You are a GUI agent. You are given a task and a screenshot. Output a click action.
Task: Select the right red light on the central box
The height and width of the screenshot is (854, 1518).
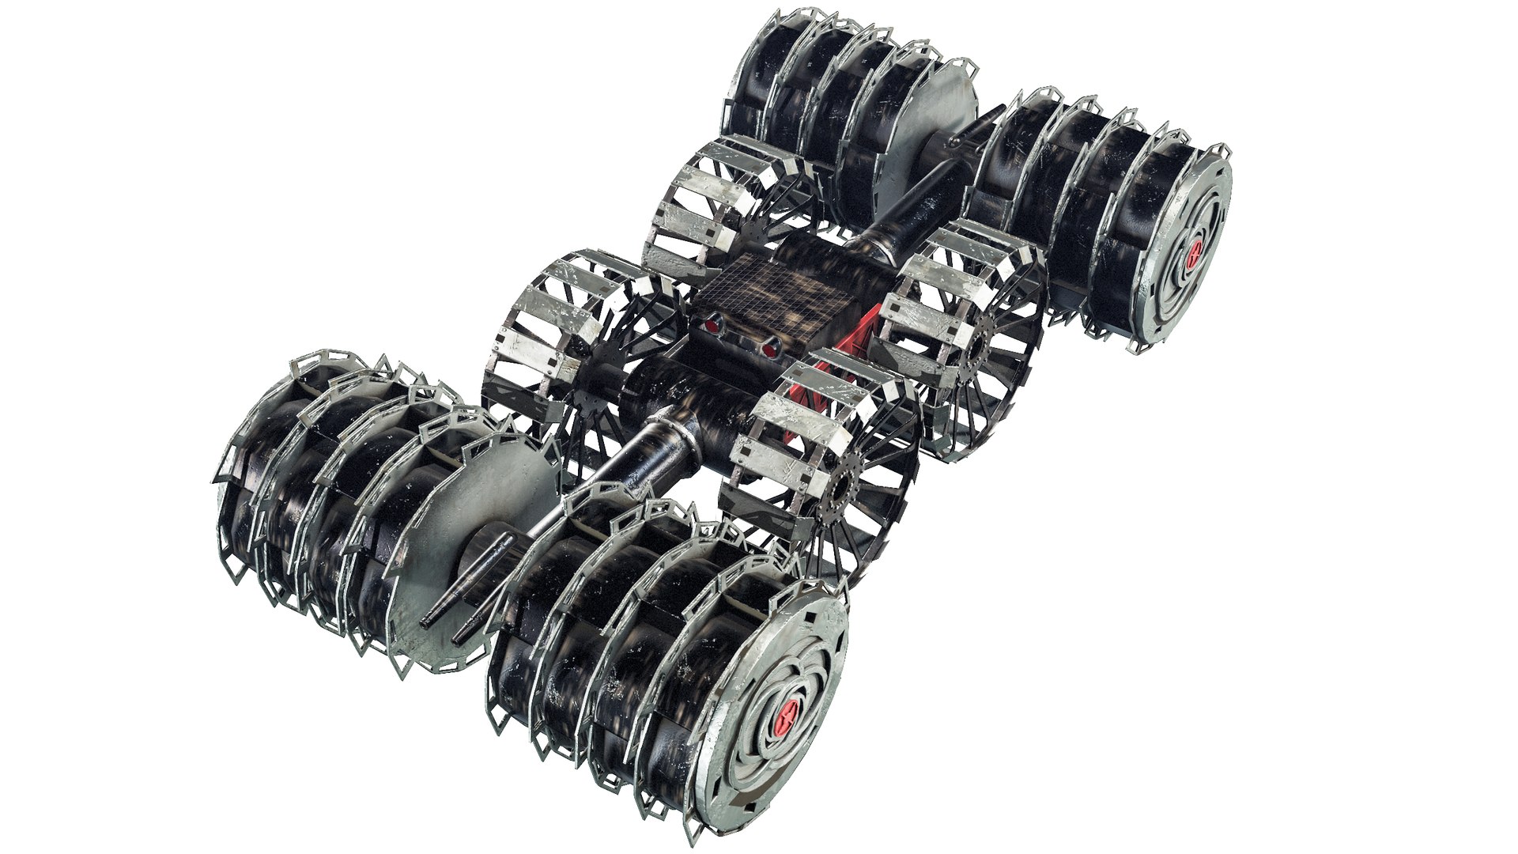[x=768, y=348]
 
